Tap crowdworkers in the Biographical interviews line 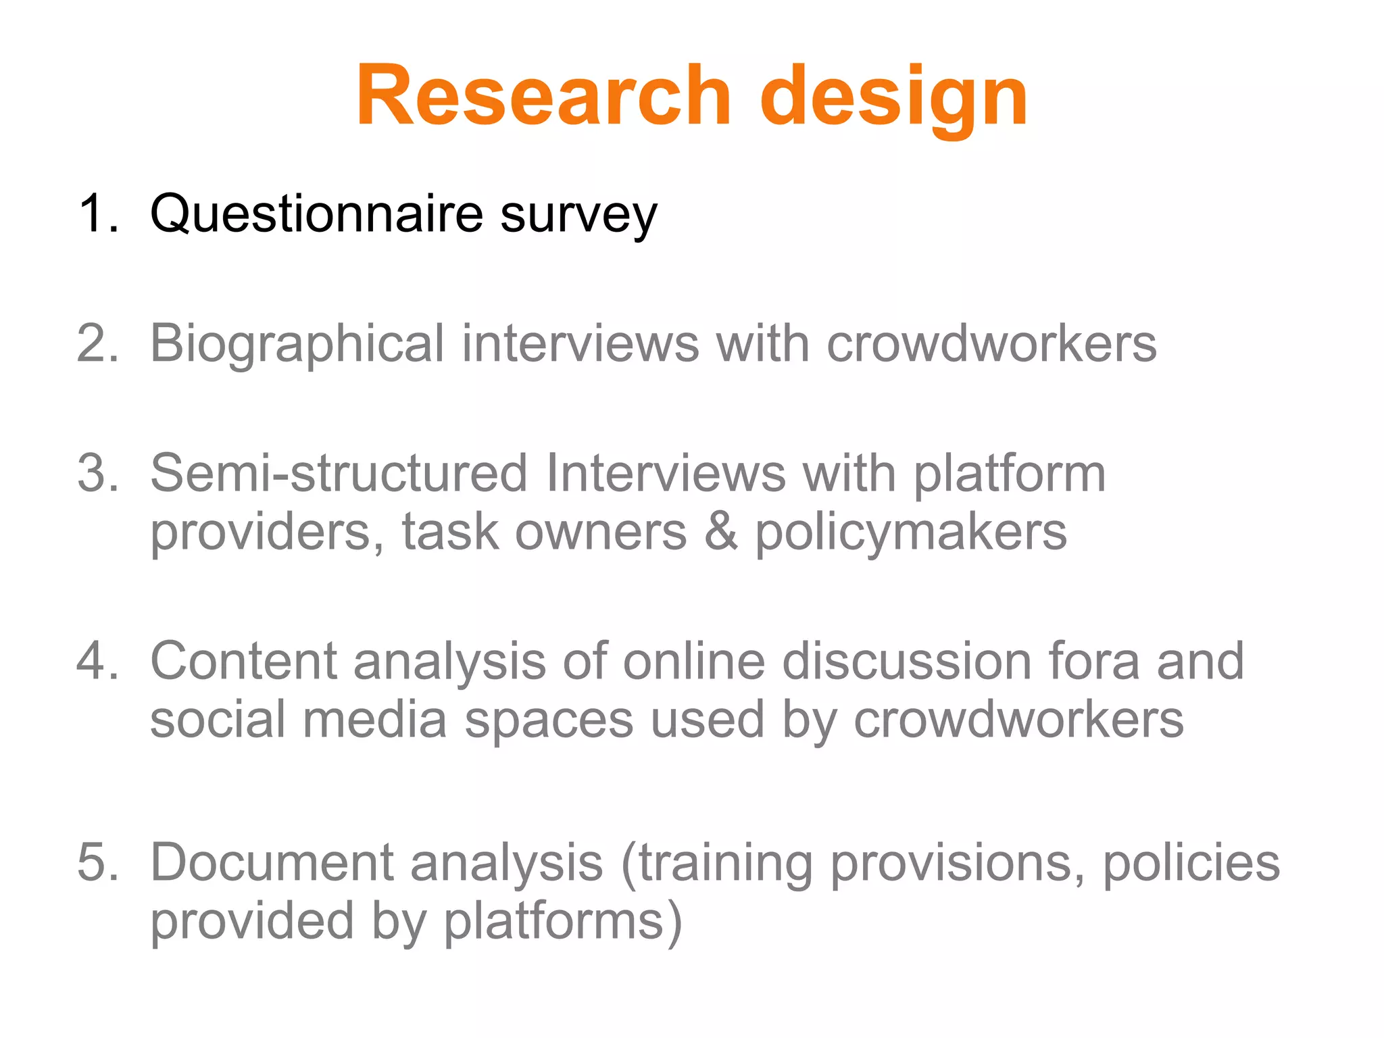tap(991, 343)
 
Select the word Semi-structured tap(339, 473)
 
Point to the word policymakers tap(910, 534)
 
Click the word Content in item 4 tap(243, 660)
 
